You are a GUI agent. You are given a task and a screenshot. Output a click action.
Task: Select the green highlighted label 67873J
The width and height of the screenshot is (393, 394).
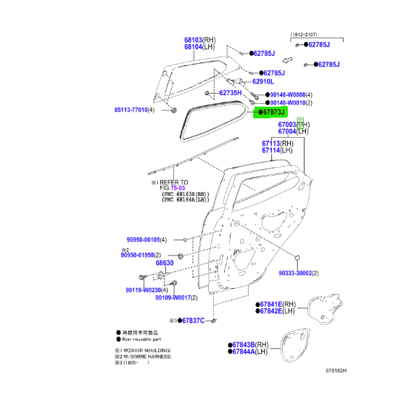[x=272, y=113]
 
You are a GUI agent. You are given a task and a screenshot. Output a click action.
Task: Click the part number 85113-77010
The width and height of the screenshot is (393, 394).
[x=135, y=110]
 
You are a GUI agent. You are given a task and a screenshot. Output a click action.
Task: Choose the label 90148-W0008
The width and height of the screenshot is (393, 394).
[x=286, y=95]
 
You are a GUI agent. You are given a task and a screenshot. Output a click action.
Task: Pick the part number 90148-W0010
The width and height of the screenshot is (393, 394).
[x=286, y=104]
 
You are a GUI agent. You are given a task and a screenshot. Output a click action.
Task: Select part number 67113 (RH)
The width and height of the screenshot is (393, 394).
[x=271, y=143]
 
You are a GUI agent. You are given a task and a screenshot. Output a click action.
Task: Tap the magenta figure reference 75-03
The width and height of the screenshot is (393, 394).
[x=178, y=189]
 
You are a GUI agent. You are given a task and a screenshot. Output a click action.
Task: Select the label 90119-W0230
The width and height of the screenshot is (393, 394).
[x=141, y=290]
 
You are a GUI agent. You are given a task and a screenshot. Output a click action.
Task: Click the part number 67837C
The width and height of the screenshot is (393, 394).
[x=192, y=320]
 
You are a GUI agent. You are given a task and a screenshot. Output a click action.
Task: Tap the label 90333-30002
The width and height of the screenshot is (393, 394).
[x=299, y=274]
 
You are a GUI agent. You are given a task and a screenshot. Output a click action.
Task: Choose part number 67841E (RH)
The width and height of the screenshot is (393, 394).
[x=271, y=304]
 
